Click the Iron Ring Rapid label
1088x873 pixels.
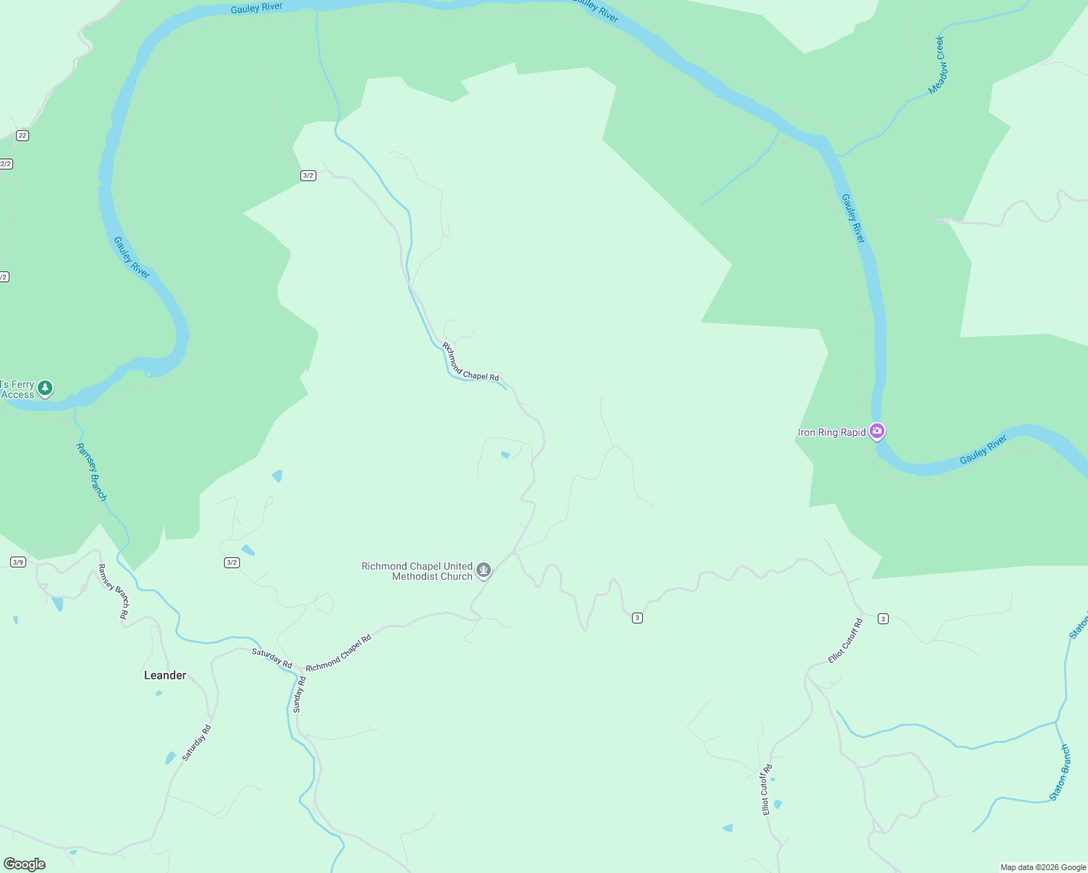[x=831, y=433]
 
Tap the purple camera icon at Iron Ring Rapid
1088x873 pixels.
[x=877, y=432]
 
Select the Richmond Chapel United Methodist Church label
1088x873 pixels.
[x=417, y=571]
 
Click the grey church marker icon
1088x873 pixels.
[x=484, y=571]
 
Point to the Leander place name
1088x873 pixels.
[x=165, y=675]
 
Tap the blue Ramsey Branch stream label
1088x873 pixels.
[x=92, y=472]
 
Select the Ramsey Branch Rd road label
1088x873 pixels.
[x=113, y=591]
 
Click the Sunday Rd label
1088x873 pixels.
[x=299, y=694]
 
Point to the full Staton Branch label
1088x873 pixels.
[x=1060, y=773]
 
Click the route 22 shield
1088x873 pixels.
[x=23, y=135]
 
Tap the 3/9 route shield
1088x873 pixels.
[x=18, y=562]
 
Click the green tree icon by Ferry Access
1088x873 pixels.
[x=45, y=388]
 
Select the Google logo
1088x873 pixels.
[x=25, y=864]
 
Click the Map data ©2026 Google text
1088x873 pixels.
[x=1043, y=867]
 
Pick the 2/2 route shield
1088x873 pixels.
[x=6, y=164]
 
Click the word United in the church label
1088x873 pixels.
[x=458, y=566]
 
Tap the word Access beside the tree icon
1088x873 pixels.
[x=17, y=395]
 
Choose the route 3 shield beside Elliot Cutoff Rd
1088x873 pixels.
[x=883, y=619]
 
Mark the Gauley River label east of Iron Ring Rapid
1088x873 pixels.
[x=983, y=450]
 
